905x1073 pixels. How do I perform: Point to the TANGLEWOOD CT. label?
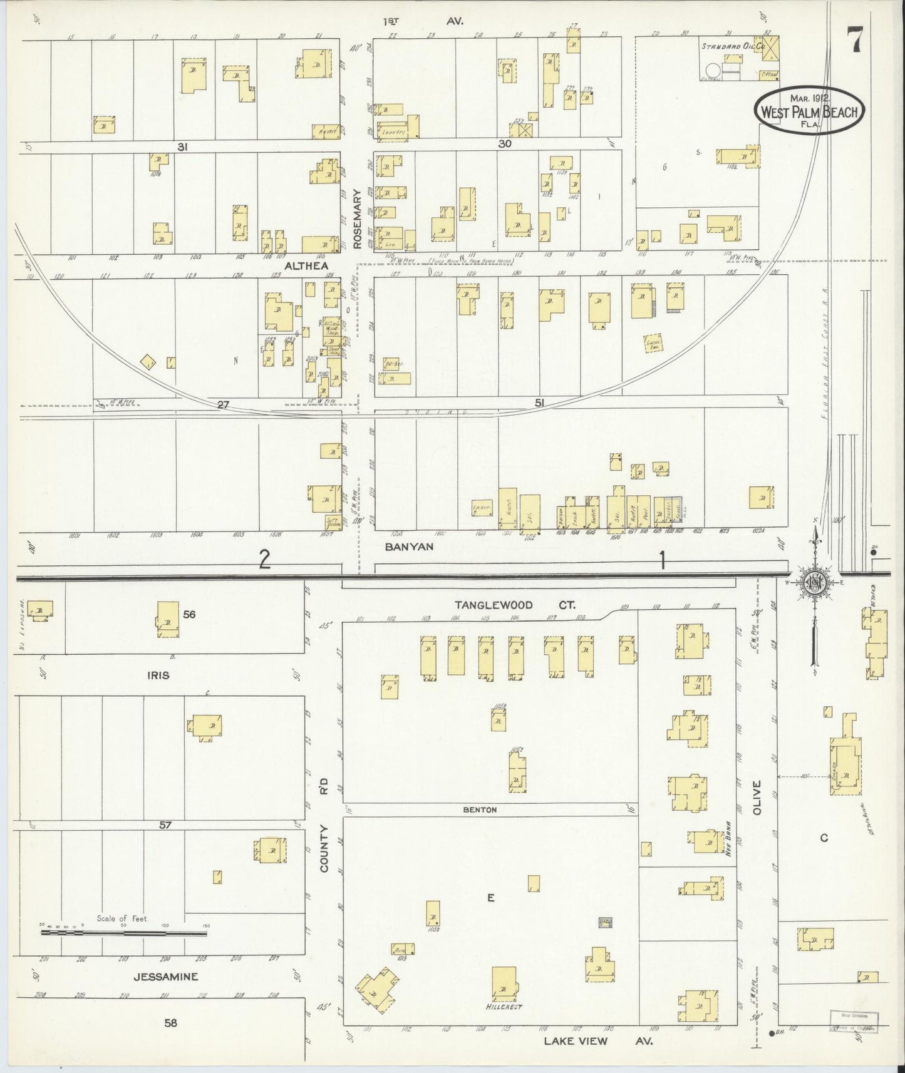(x=515, y=605)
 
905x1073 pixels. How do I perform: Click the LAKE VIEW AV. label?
(x=598, y=1041)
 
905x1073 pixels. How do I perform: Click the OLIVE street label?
(x=756, y=798)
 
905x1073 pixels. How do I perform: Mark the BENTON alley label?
(x=480, y=809)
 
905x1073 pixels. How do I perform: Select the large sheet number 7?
(x=854, y=41)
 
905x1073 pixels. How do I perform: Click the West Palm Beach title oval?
(x=810, y=110)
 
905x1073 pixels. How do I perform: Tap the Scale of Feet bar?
(x=124, y=932)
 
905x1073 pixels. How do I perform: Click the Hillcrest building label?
(x=504, y=1007)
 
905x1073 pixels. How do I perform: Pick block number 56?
(x=189, y=614)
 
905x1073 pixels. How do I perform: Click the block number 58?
(x=170, y=1023)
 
